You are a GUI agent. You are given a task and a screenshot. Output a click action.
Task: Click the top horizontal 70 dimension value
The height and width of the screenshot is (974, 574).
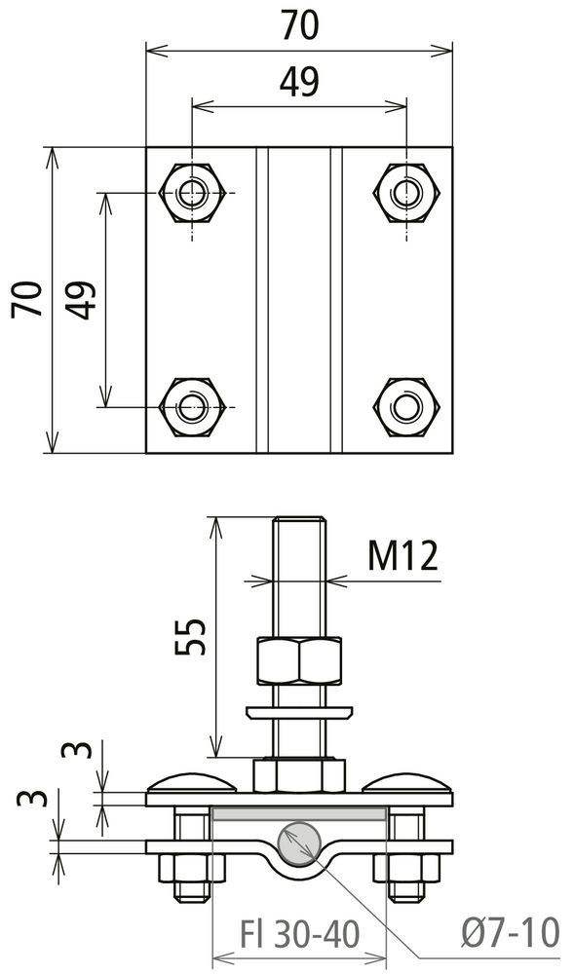tap(299, 25)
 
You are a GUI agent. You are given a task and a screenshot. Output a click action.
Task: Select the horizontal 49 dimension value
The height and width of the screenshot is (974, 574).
tap(299, 82)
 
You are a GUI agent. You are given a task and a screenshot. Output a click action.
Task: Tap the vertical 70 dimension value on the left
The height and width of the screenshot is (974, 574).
tap(28, 299)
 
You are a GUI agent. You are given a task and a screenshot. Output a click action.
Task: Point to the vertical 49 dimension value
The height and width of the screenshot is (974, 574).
tap(82, 299)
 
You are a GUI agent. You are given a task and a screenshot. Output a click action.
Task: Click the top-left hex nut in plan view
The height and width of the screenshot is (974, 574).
tap(192, 193)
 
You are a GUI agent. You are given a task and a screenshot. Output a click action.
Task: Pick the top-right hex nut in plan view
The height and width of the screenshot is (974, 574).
tap(406, 193)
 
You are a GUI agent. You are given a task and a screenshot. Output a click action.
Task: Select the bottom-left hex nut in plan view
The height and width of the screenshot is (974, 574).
tap(192, 407)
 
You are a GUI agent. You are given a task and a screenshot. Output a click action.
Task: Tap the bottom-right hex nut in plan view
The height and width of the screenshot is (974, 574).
tap(406, 407)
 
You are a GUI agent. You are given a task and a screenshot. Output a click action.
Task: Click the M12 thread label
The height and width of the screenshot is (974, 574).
tap(403, 555)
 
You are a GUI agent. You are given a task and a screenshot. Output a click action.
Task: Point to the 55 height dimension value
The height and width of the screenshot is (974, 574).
tap(190, 637)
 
